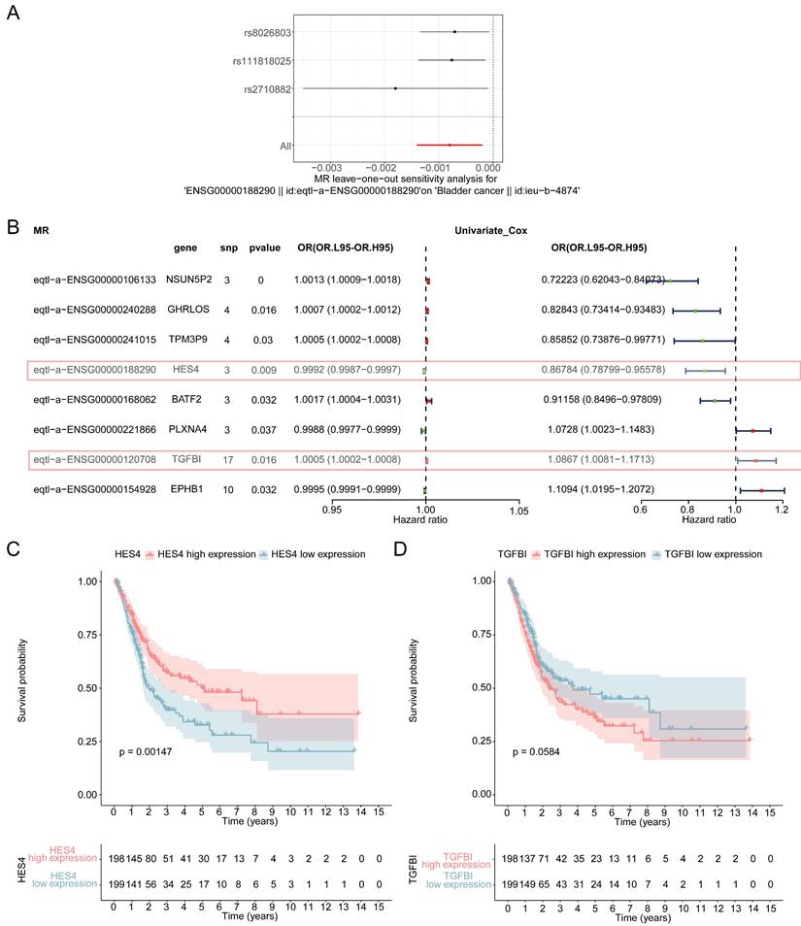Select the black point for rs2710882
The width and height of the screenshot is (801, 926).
395,88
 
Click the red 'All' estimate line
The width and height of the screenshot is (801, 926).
449,145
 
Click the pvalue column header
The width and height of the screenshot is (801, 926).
264,248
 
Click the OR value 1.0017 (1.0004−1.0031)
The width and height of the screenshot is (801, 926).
338,400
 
